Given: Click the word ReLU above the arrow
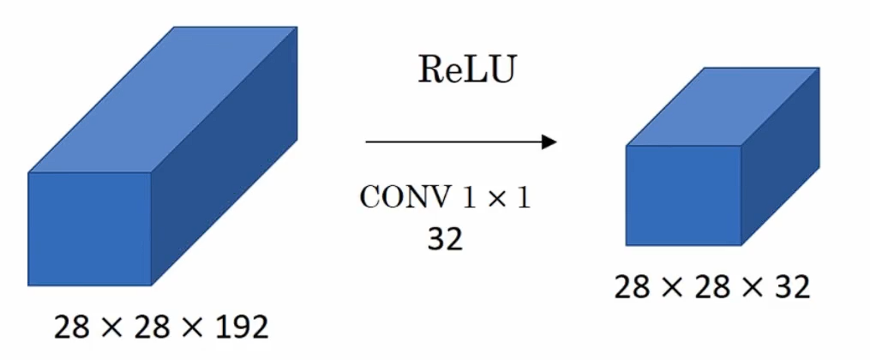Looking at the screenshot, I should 467,70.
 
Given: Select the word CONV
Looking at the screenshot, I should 403,199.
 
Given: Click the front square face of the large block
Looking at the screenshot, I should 90,229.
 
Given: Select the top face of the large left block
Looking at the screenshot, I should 163,99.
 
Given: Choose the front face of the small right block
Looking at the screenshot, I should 683,195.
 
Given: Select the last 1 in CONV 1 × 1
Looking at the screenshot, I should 524,199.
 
